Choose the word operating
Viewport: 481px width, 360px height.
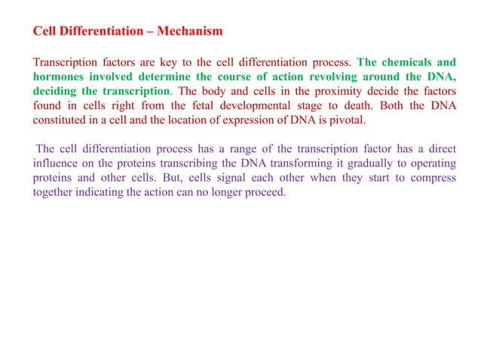pos(433,163)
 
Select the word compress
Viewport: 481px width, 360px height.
pos(432,178)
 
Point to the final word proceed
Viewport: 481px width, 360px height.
pos(268,192)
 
